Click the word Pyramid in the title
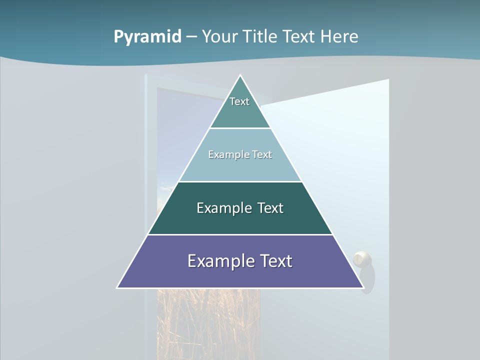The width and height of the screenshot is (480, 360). (147, 36)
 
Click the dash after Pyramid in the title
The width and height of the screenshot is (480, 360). (191, 37)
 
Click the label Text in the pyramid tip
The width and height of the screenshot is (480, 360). (239, 101)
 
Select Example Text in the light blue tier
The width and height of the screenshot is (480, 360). (240, 154)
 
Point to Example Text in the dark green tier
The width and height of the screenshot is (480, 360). (240, 208)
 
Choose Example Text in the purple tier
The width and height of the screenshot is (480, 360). (240, 261)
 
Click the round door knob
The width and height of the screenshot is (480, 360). (362, 259)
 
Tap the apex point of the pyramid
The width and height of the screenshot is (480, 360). (240, 76)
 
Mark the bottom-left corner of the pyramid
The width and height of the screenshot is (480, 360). (117, 287)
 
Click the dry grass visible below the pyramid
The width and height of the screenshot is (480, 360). (207, 320)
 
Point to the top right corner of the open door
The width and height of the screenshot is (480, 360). (388, 80)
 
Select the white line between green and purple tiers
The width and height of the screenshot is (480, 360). (240, 234)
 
